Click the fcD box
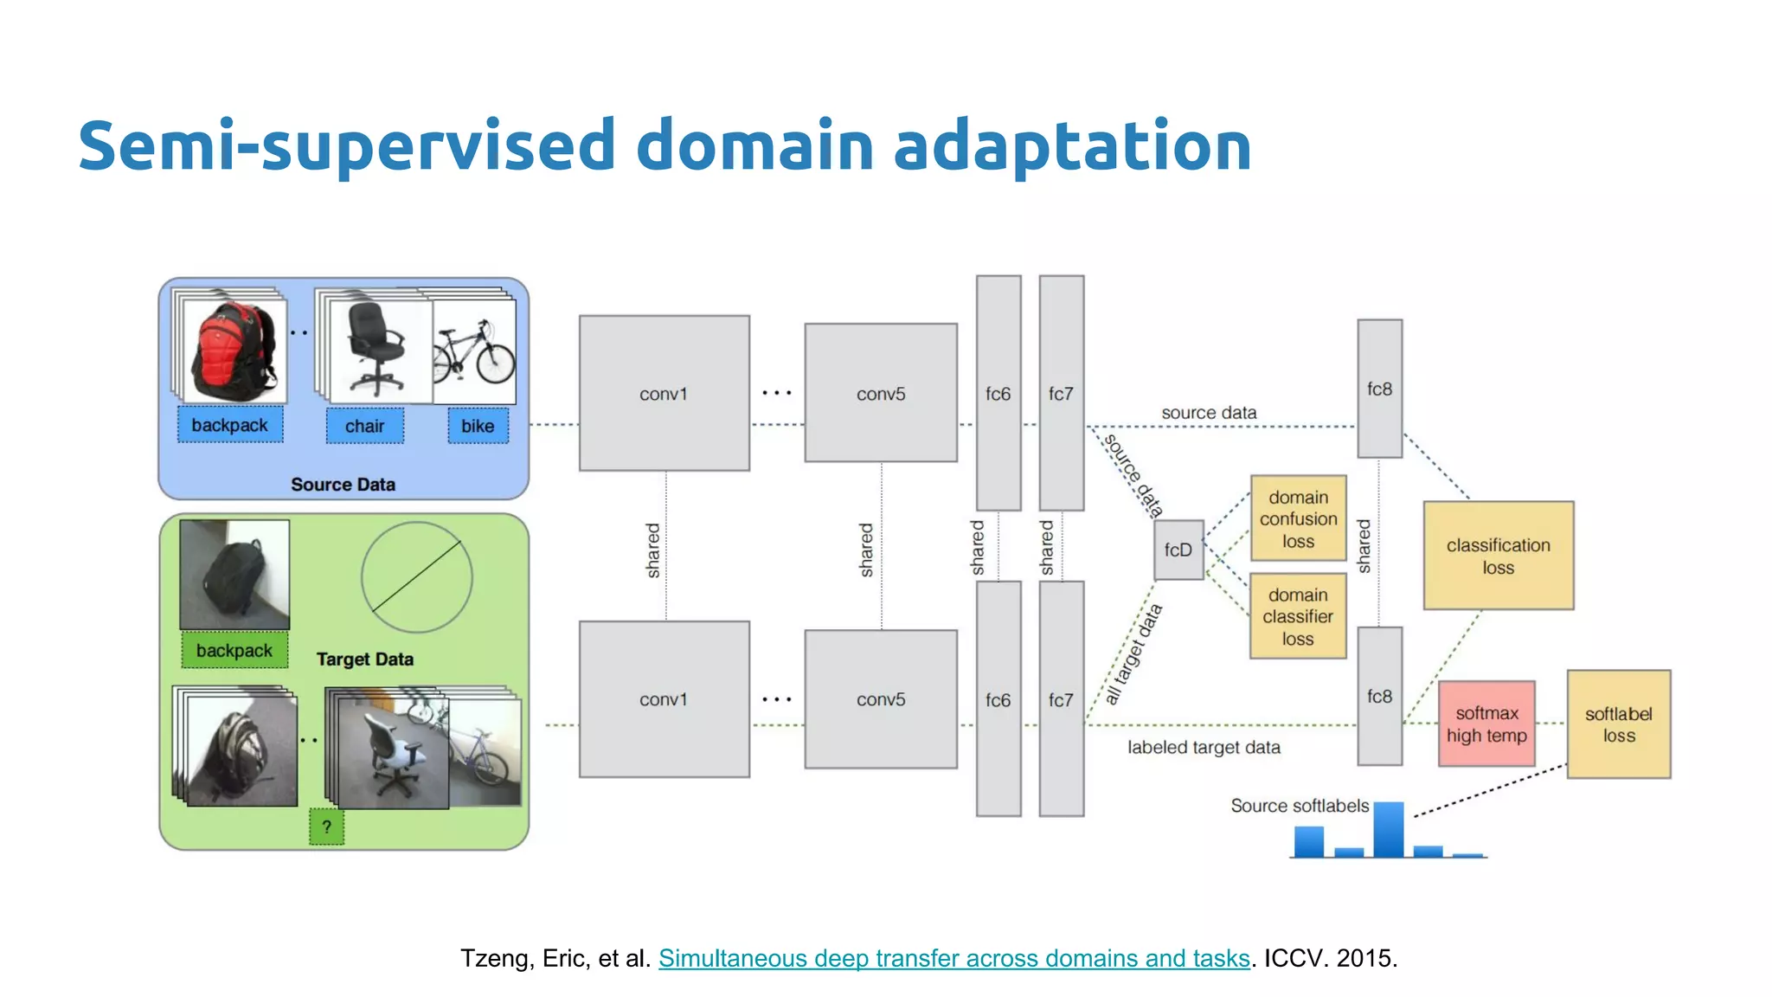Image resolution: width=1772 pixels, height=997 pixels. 1178,550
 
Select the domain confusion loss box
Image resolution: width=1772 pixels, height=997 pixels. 1298,518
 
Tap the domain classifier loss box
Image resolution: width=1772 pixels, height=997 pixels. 1298,616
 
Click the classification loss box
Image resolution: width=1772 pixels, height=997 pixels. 1498,556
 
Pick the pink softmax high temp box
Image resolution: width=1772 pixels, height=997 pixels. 1486,724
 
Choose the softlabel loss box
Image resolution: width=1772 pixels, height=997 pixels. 1618,724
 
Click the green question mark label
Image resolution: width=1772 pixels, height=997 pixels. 326,827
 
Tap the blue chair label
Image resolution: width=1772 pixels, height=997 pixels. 364,426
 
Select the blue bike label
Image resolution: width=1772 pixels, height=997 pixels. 478,426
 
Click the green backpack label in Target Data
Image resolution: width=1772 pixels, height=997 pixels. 234,651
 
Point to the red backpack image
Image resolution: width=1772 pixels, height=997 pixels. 231,349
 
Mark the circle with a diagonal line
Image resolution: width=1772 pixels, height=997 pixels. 416,577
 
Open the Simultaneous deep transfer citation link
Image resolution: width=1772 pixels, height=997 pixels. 953,958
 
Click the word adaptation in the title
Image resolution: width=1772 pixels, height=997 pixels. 1072,145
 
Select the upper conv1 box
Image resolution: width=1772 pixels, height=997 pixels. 664,393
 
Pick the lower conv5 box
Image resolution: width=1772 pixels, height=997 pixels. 881,699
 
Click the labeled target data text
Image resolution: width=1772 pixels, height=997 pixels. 1204,747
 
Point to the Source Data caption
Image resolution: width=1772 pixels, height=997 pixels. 343,485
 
